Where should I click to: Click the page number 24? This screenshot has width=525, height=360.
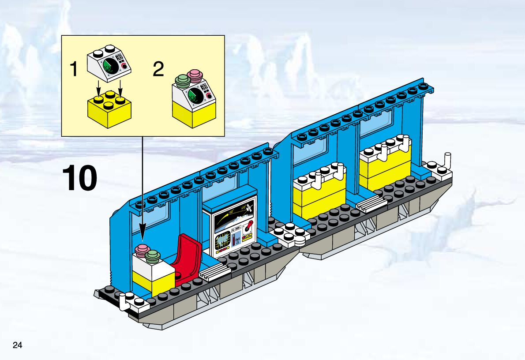pos(18,345)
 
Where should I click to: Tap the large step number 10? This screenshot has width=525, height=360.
pos(79,178)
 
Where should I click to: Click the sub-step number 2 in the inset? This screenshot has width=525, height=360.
pos(158,69)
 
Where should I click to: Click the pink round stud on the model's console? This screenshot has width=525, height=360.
pos(142,250)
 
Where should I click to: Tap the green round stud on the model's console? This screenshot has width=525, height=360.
pos(153,255)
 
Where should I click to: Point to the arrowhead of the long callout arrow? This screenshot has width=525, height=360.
pos(143,237)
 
